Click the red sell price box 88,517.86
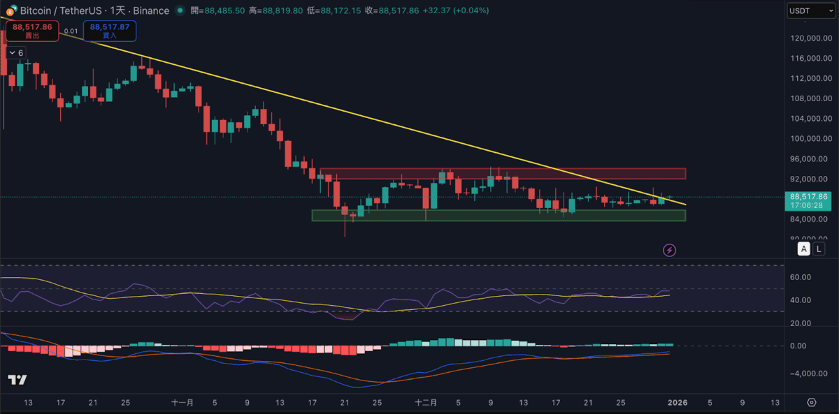pos(32,31)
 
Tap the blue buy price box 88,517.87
pos(110,31)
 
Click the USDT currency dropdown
pos(806,10)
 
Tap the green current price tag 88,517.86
pos(810,200)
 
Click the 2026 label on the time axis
pos(677,403)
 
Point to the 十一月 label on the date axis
pos(182,403)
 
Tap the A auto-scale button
pos(804,249)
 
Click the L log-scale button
pos(819,249)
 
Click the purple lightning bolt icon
pos(670,250)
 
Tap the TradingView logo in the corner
pos(17,380)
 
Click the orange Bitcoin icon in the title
pos(10,11)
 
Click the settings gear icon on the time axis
pos(811,403)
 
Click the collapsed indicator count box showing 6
pos(15,53)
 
